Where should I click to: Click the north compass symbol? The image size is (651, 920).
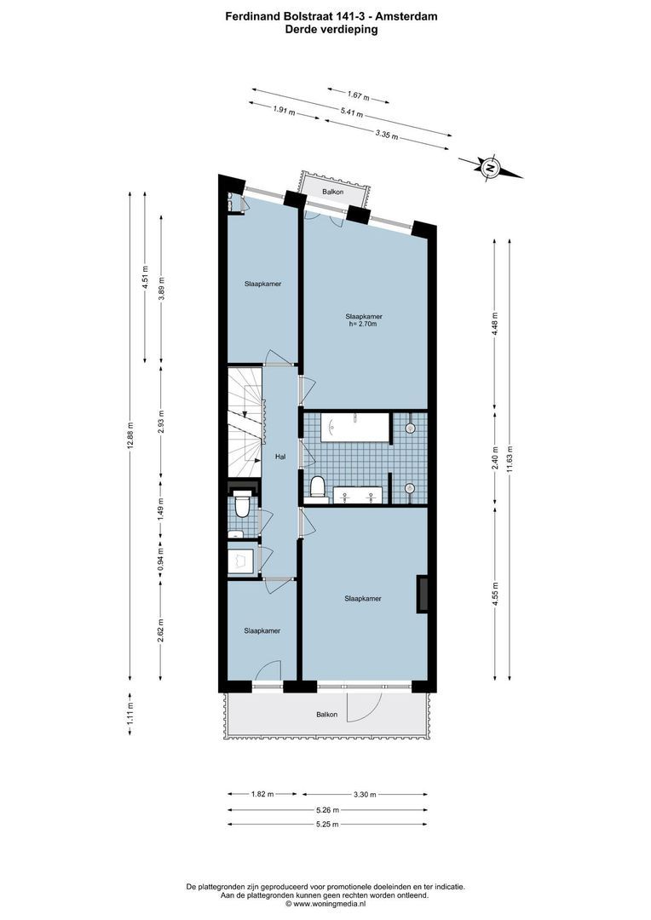490,168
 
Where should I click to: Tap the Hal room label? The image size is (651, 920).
279,457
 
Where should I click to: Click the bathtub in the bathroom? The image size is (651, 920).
355,427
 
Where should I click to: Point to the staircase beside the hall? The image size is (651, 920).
245,422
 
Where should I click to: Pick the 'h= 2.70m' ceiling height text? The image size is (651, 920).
363,324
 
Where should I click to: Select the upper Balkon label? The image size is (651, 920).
333,193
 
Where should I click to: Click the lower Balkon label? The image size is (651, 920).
326,715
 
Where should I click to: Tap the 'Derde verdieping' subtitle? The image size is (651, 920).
331,29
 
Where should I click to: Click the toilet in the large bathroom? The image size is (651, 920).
318,486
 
